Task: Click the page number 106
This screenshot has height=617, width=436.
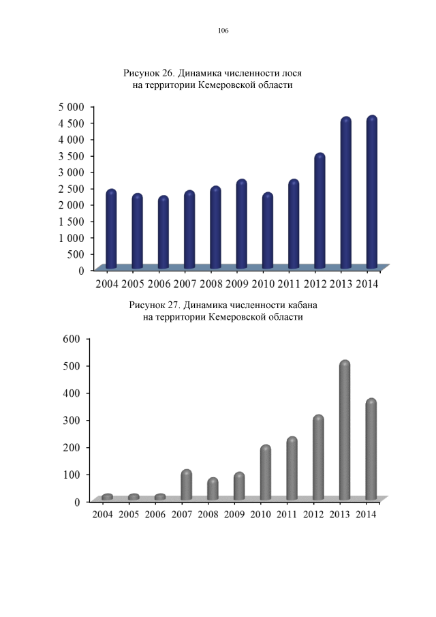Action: click(x=223, y=31)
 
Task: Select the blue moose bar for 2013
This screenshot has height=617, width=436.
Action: click(x=345, y=194)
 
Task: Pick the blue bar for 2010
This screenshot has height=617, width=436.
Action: click(x=268, y=232)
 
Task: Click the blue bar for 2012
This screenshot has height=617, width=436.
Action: click(x=320, y=211)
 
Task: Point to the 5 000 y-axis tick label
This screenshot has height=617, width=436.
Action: click(x=70, y=107)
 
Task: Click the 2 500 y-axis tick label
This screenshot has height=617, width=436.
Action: click(x=70, y=189)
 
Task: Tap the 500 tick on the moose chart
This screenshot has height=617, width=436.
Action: click(x=76, y=254)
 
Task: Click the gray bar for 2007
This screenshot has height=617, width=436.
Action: click(x=186, y=485)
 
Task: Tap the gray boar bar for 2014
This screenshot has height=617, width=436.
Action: click(x=371, y=450)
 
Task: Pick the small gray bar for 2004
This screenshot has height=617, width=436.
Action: click(x=107, y=497)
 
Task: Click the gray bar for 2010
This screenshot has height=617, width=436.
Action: click(x=266, y=473)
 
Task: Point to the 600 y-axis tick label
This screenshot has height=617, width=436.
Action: click(x=73, y=339)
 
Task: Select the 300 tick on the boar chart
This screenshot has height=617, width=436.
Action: click(x=73, y=420)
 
